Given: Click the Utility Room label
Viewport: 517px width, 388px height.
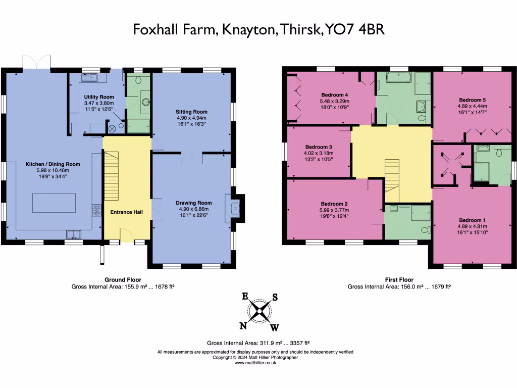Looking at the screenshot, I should tap(99, 96).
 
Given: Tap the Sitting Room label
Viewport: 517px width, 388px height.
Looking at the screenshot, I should tap(191, 112).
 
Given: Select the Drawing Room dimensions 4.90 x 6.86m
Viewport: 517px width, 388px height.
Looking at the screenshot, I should tap(191, 209).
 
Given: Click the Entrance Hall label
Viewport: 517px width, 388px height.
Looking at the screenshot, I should tap(126, 212).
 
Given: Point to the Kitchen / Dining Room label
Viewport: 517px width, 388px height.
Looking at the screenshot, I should tap(53, 164).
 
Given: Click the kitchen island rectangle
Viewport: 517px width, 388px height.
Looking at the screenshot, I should tap(55, 203).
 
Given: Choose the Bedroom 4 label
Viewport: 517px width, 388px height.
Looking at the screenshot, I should tap(335, 94).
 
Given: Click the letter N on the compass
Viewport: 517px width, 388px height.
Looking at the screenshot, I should tap(243, 325).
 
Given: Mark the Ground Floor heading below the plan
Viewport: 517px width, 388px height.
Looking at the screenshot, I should tap(123, 279).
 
